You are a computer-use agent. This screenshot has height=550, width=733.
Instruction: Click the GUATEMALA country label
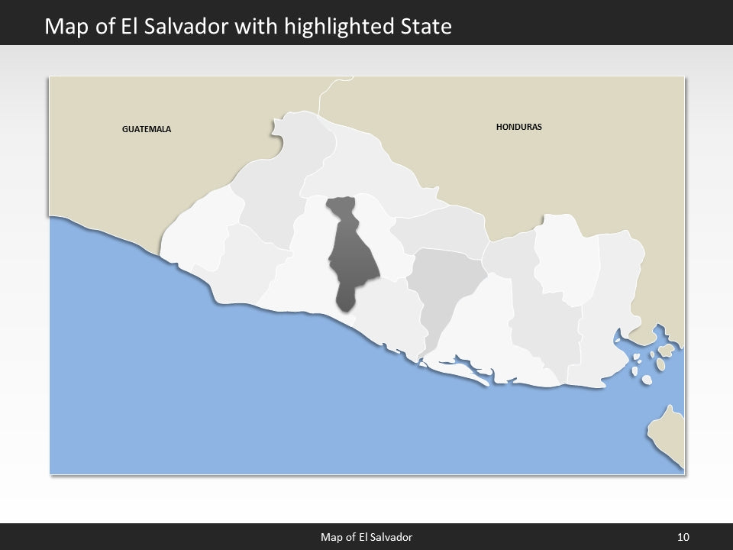click(147, 129)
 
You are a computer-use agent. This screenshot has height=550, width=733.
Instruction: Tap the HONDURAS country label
click(518, 127)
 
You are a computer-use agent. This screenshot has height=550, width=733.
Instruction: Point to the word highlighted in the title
click(341, 27)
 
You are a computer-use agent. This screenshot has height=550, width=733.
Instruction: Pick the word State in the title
click(426, 27)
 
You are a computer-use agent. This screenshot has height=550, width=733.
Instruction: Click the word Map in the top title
click(63, 27)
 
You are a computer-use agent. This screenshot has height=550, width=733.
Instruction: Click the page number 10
click(683, 537)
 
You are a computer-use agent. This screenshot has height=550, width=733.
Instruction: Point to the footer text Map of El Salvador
click(366, 537)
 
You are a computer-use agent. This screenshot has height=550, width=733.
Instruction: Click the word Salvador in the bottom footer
click(393, 537)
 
